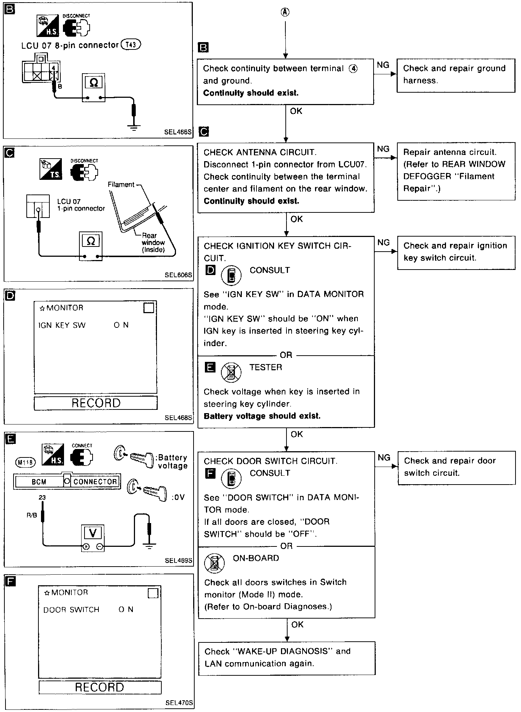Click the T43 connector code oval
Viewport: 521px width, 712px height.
click(x=131, y=44)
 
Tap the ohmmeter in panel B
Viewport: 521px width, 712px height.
click(x=93, y=88)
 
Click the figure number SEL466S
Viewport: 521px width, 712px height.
click(x=178, y=132)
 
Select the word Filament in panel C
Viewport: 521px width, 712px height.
click(x=121, y=185)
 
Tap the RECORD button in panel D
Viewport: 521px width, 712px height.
click(x=96, y=403)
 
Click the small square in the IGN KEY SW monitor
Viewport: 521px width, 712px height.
click(x=149, y=308)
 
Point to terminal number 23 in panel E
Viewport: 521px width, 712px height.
click(x=42, y=497)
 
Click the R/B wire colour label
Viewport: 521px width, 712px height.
click(x=32, y=515)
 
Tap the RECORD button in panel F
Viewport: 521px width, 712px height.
click(x=100, y=687)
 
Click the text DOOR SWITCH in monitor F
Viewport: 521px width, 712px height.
click(x=71, y=609)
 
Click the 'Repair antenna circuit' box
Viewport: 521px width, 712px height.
click(x=456, y=171)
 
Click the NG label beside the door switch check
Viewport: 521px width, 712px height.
click(x=384, y=457)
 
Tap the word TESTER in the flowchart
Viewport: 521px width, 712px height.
click(x=266, y=367)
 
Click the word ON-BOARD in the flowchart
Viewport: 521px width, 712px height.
click(x=256, y=558)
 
